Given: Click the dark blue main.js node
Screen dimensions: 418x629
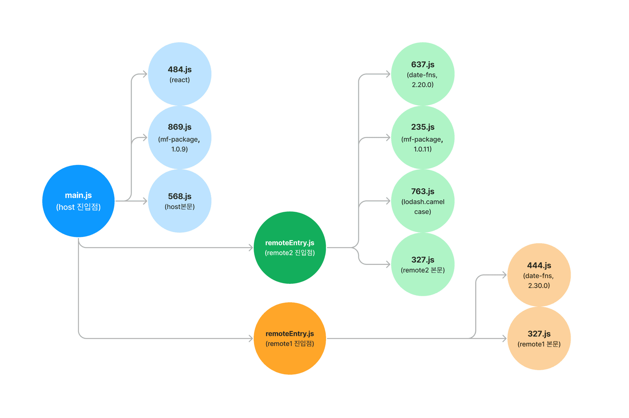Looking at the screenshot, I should (78, 201).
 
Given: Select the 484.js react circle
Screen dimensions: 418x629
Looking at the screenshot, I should (180, 74).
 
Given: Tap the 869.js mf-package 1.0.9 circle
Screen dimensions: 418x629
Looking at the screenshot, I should (180, 138).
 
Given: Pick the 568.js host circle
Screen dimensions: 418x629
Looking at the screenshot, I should (180, 201).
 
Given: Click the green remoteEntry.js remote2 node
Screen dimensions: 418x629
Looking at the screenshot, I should (290, 247).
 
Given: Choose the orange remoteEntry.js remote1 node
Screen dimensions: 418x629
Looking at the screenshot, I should (290, 338).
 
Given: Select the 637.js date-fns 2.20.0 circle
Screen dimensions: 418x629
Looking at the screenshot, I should (422, 74).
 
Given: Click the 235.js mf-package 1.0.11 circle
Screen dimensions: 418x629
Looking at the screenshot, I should (422, 138).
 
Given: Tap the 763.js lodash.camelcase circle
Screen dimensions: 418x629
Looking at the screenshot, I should (422, 201).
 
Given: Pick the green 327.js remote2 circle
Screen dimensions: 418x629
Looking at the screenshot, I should (422, 264).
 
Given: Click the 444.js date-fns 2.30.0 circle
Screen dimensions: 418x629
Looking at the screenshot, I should (539, 275).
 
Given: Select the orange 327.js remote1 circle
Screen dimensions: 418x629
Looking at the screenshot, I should (539, 338).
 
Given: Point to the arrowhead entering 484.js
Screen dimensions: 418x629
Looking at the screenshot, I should (145, 74).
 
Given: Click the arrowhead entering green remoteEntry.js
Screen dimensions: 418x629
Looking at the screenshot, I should (251, 247).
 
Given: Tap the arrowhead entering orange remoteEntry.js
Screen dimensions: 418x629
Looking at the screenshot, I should (251, 338).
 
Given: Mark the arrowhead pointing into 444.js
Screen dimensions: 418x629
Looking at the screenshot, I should (505, 275).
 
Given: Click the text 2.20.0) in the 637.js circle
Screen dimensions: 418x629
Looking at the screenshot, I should (422, 85).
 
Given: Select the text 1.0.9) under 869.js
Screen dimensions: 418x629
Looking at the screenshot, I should (180, 149).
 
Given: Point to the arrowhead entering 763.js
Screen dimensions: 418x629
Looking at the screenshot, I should (388, 201).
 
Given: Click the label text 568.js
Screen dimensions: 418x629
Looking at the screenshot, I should (180, 196).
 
